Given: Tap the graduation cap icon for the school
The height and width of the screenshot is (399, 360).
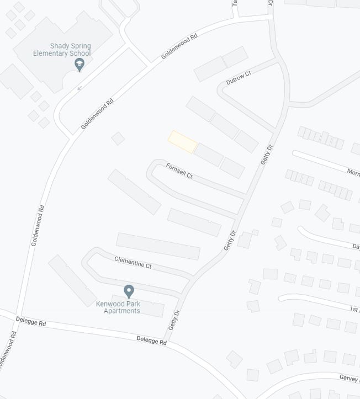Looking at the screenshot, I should tap(80, 65).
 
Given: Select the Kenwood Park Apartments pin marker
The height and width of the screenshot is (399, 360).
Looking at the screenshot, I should tap(129, 291).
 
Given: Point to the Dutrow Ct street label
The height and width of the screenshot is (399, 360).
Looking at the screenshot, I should tap(239, 78).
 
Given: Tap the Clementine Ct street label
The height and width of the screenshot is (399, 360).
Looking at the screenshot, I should tap(133, 262).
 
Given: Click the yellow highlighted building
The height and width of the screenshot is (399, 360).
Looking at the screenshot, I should tap(182, 142).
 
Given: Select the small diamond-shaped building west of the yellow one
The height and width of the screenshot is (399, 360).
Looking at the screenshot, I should tap(118, 139).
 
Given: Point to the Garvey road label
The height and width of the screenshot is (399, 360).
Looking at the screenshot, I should tap(349, 378).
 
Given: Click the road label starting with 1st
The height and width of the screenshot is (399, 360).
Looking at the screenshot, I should tap(354, 310).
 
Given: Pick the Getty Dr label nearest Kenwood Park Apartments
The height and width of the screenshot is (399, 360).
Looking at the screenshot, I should tap(174, 320).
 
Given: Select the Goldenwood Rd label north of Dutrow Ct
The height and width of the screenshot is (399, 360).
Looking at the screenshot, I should tap(179, 47).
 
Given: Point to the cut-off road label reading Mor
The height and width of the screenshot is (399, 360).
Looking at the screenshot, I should tap(353, 173).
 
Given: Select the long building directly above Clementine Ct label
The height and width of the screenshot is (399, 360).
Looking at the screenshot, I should tap(158, 246).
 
